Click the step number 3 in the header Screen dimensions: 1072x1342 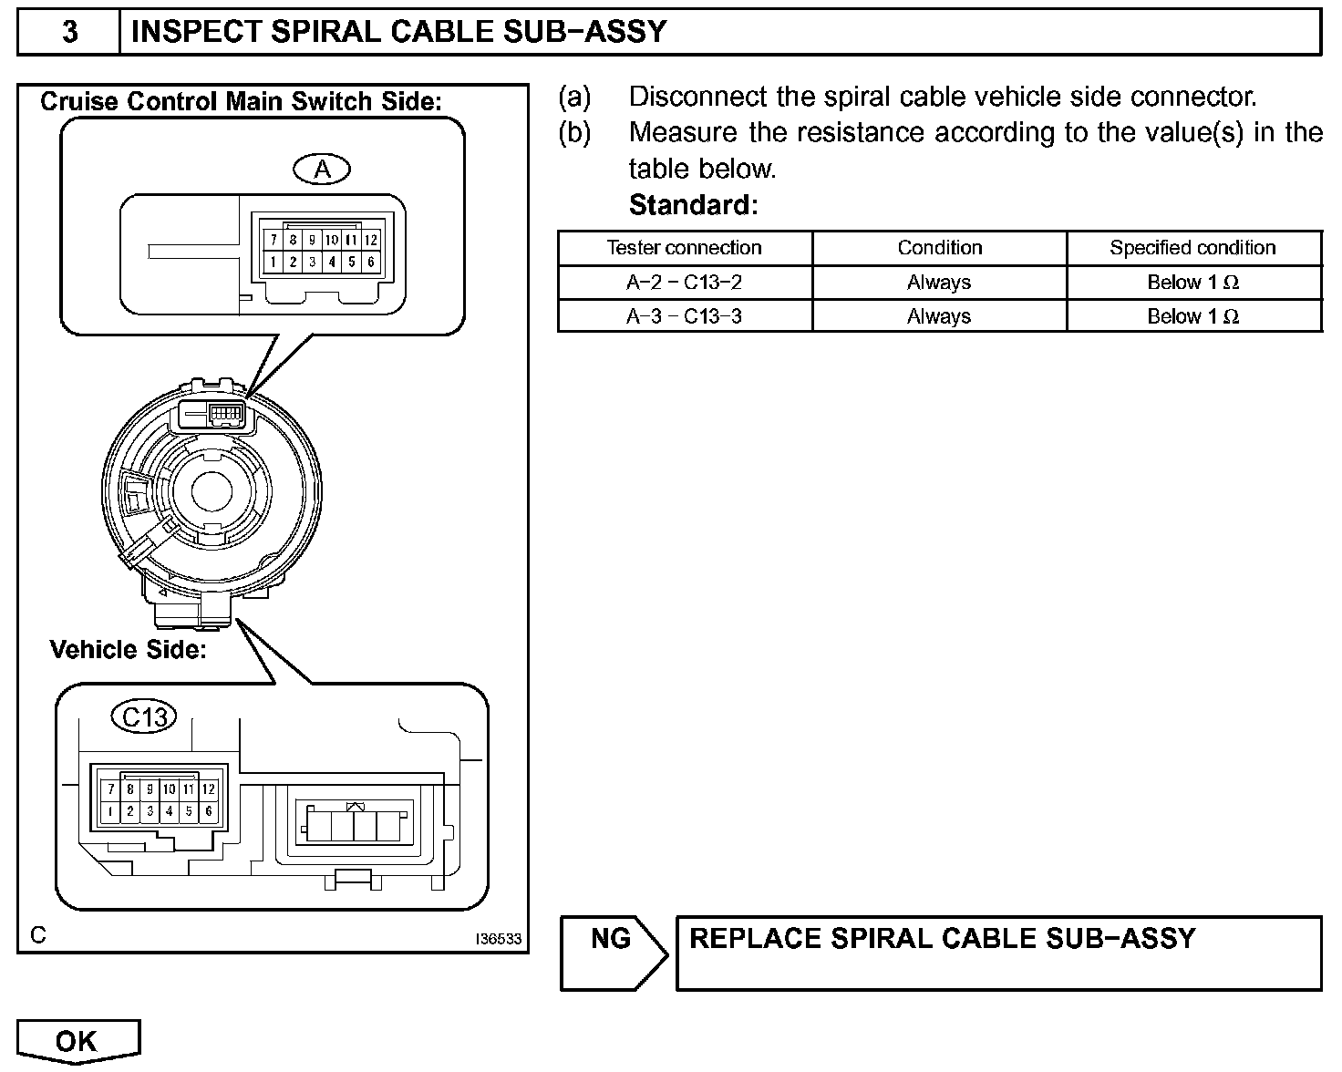pyautogui.click(x=69, y=32)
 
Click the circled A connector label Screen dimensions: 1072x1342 pyautogui.click(x=322, y=169)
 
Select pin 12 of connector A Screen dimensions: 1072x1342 pyautogui.click(x=371, y=240)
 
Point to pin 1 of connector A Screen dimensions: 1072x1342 pyautogui.click(x=274, y=263)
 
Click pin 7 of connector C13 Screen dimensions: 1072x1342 pyautogui.click(x=110, y=789)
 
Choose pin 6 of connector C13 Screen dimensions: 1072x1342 pyautogui.click(x=209, y=811)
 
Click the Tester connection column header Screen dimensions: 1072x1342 pyautogui.click(x=684, y=248)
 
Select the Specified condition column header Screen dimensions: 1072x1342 pyautogui.click(x=1192, y=248)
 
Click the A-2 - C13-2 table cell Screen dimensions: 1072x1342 pyautogui.click(x=684, y=283)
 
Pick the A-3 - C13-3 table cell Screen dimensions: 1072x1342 pyautogui.click(x=684, y=316)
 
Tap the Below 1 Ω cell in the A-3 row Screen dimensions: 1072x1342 pyautogui.click(x=1192, y=316)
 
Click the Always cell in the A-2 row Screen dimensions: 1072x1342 pyautogui.click(x=939, y=283)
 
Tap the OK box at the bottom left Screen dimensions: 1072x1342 pyautogui.click(x=77, y=1041)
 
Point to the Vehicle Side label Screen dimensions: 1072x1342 pyautogui.click(x=129, y=650)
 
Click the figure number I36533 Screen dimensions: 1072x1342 pyautogui.click(x=499, y=938)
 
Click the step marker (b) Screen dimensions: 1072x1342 pyautogui.click(x=574, y=132)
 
